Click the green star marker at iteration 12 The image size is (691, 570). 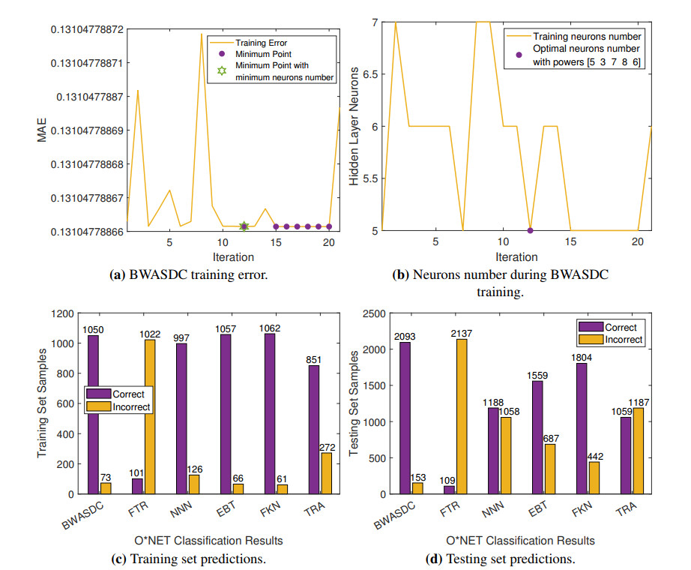[x=244, y=226]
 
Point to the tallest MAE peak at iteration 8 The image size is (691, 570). [x=201, y=34]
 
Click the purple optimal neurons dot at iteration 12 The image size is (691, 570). [x=530, y=230]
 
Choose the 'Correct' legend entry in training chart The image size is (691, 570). [x=127, y=393]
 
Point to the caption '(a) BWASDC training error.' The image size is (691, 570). [x=189, y=274]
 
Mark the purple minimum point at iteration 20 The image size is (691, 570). [x=329, y=226]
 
